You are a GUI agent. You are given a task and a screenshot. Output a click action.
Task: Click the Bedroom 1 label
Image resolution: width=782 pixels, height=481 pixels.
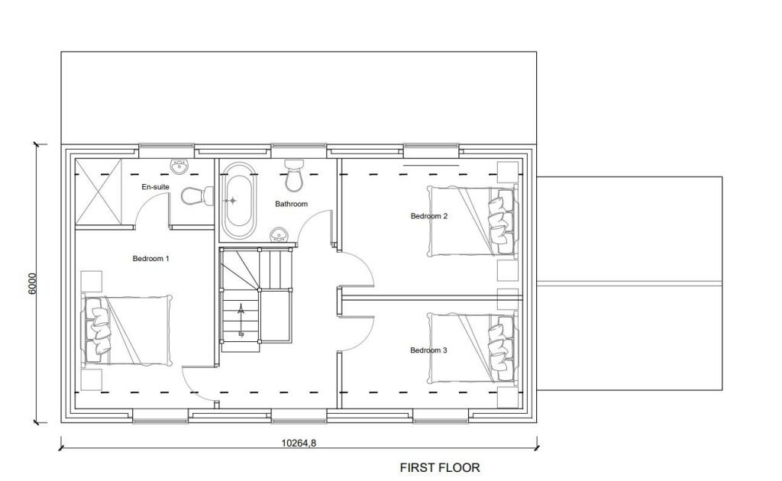[x=150, y=259]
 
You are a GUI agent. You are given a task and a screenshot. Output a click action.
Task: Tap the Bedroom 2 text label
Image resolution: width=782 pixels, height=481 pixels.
[x=429, y=216]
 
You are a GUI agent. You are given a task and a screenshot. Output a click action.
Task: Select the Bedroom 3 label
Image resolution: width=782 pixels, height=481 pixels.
[x=428, y=350]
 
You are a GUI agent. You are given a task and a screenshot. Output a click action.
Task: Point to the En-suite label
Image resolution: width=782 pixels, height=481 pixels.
[x=155, y=187]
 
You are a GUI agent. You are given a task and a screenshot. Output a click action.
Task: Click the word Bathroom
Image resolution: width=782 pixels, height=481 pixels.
[x=291, y=204]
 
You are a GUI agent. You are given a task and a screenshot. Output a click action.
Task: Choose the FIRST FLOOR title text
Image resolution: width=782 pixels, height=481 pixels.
[x=440, y=467]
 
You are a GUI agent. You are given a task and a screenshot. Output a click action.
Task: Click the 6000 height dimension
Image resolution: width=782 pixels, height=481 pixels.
[x=31, y=282]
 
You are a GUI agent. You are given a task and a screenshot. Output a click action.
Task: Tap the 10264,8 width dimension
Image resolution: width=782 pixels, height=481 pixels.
[x=299, y=443]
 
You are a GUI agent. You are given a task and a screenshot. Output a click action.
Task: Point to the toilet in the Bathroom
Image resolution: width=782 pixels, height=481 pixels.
[x=294, y=176]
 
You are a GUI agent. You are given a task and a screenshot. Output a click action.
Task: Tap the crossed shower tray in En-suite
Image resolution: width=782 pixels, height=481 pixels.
[x=99, y=192]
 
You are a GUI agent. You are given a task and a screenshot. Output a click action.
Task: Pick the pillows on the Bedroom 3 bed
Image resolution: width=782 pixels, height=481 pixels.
[x=499, y=347]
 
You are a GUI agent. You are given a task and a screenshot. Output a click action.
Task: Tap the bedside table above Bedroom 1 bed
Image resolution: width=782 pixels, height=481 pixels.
[x=92, y=280]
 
